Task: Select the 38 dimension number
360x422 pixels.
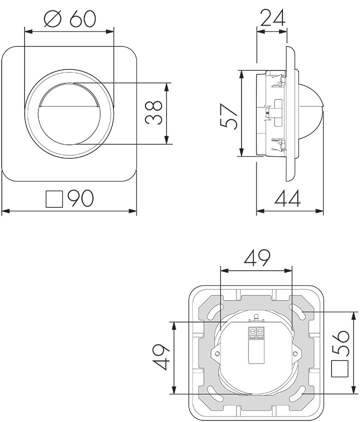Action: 153,113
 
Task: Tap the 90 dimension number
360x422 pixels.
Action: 80,199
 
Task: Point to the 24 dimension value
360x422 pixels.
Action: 272,18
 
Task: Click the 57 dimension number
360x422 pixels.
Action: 228,116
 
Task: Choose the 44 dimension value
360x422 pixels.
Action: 287,199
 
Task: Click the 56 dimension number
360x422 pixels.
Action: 340,343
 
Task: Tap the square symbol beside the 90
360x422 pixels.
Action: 54,199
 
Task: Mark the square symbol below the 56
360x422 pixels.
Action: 340,369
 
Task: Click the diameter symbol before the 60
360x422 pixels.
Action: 53,19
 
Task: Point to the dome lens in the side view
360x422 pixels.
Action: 312,112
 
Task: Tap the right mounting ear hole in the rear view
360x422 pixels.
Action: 295,353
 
